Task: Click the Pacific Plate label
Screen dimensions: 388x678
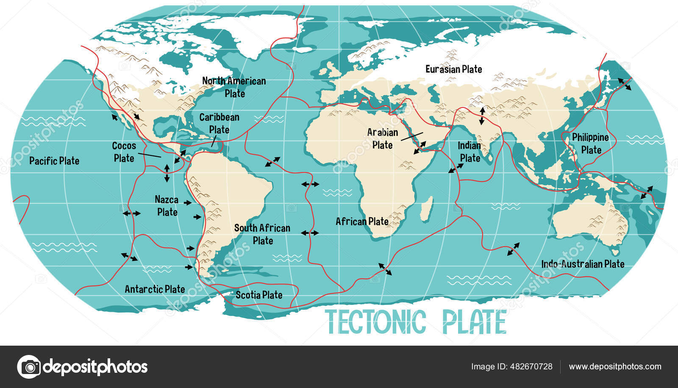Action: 54,161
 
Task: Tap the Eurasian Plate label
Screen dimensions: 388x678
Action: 453,69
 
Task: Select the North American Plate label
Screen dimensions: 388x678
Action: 234,87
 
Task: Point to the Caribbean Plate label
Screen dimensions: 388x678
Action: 219,123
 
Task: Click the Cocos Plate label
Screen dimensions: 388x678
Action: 124,152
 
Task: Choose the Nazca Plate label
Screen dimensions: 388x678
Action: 167,205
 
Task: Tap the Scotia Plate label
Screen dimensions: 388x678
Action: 259,295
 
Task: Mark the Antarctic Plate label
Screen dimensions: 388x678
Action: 155,289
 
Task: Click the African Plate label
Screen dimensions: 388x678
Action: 362,222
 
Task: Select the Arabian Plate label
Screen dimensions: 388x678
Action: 382,139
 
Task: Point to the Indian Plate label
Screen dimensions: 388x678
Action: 470,152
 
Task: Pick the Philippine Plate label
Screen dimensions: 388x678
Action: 590,144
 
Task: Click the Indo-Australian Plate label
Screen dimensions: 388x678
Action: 583,264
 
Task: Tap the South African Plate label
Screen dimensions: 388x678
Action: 262,234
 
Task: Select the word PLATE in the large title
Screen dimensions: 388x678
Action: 474,322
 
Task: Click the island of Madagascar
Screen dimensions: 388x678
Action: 427,208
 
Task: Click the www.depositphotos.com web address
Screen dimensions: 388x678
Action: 615,366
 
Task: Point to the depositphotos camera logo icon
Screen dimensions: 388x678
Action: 29,366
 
